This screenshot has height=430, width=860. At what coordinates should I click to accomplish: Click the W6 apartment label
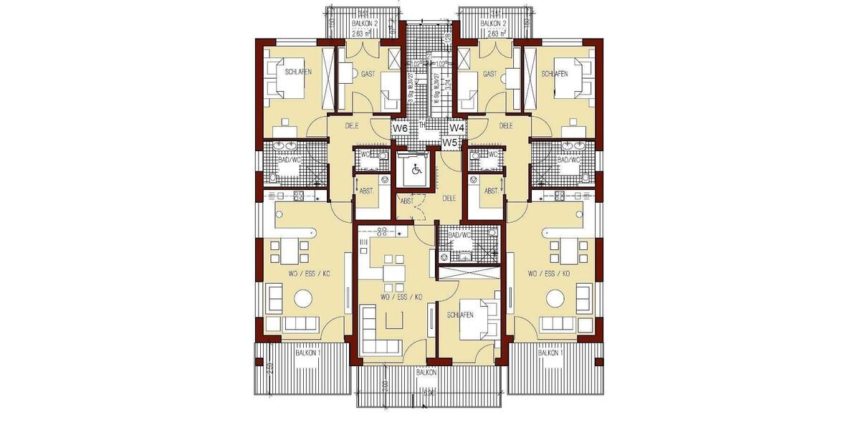pyautogui.click(x=401, y=128)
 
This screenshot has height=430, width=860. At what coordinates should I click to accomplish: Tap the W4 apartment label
pyautogui.click(x=457, y=128)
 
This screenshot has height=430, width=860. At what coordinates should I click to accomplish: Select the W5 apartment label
pyautogui.click(x=449, y=143)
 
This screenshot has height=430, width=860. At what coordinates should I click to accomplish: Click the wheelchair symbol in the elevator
pyautogui.click(x=414, y=171)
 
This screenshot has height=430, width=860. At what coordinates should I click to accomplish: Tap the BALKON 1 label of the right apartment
pyautogui.click(x=550, y=353)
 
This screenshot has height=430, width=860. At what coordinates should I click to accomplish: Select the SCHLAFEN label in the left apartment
pyautogui.click(x=298, y=73)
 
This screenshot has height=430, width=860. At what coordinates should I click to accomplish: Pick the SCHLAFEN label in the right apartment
pyautogui.click(x=555, y=74)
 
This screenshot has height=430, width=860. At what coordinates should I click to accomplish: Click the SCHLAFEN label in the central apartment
pyautogui.click(x=459, y=315)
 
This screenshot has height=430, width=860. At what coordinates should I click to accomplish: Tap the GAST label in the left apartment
pyautogui.click(x=368, y=74)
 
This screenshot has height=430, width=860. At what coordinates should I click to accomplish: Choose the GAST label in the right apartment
pyautogui.click(x=490, y=74)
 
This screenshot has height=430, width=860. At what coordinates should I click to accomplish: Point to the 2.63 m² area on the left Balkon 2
pyautogui.click(x=363, y=33)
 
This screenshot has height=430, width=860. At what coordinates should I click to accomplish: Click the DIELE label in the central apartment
pyautogui.click(x=449, y=198)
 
